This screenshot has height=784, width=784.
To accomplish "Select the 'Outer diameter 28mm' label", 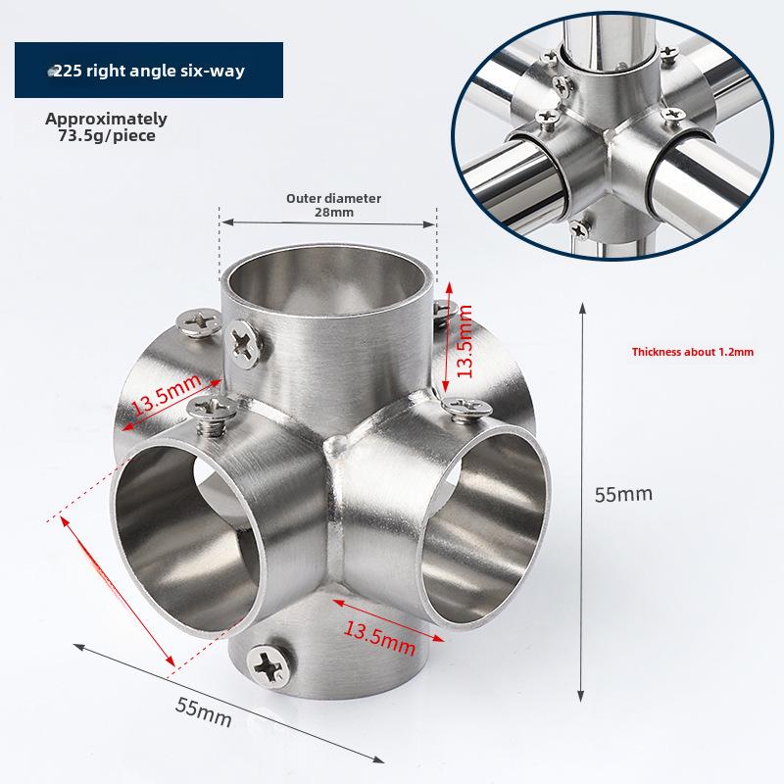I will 333,204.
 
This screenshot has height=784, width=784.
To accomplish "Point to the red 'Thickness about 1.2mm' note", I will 693,351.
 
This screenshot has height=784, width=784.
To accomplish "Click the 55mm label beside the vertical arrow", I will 623,494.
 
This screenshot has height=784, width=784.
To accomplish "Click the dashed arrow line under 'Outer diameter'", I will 328,223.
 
